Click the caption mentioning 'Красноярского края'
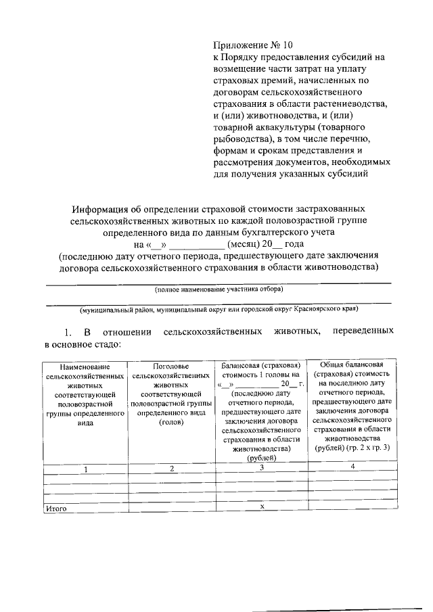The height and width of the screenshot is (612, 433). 219,309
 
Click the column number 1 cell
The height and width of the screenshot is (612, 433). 85,469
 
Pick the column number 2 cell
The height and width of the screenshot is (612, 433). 172,469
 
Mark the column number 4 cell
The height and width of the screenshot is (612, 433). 352,467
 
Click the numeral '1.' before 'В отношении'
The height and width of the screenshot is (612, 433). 68,333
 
